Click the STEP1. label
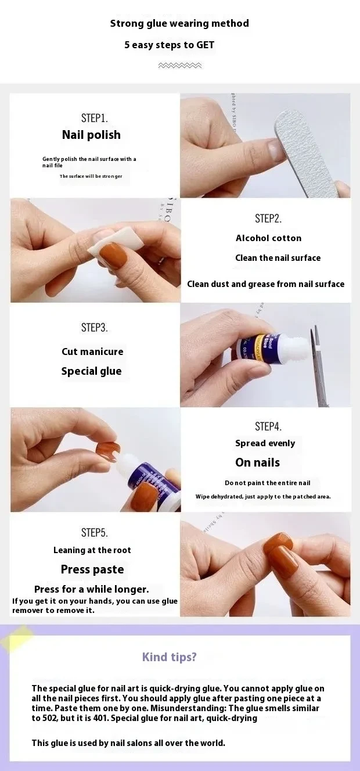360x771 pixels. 95,118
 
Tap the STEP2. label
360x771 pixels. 268,218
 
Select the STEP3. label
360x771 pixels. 95,327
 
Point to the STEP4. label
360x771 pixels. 268,426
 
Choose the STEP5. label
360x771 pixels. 95,532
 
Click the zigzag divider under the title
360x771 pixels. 180,66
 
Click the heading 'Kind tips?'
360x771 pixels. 170,657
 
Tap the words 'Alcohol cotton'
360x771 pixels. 268,238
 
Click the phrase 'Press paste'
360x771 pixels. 92,569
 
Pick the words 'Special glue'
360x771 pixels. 92,371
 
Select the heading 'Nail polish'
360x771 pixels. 92,135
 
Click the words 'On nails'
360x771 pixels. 258,462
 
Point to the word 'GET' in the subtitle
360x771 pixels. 206,45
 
